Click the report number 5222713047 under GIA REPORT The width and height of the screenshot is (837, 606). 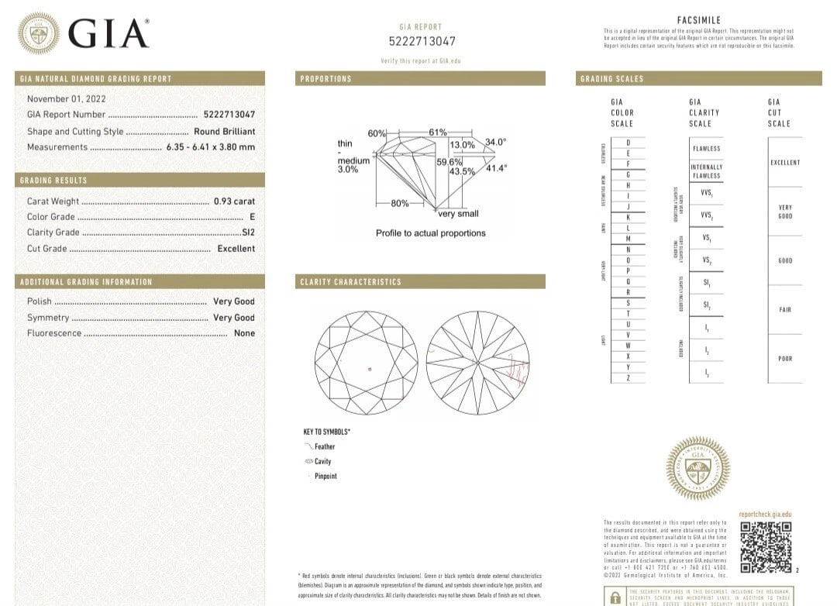pyautogui.click(x=422, y=41)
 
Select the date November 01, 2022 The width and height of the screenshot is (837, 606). pyautogui.click(x=67, y=98)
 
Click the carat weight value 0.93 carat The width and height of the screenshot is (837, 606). pyautogui.click(x=234, y=201)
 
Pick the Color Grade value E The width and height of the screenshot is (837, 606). pyautogui.click(x=252, y=217)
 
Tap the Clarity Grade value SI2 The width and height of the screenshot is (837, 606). pyautogui.click(x=248, y=232)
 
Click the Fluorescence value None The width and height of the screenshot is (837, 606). pyautogui.click(x=244, y=333)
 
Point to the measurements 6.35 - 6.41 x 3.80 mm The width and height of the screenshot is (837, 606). pyautogui.click(x=210, y=147)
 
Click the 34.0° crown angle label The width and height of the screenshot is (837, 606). pyautogui.click(x=495, y=142)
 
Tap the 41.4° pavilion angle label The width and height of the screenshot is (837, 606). pyautogui.click(x=495, y=168)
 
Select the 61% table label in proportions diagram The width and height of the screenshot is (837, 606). pyautogui.click(x=438, y=133)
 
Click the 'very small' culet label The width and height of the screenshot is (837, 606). pyautogui.click(x=458, y=214)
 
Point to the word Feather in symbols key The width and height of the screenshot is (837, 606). pyautogui.click(x=325, y=446)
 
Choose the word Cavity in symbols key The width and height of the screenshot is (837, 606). pyautogui.click(x=322, y=461)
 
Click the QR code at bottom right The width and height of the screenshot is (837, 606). pyautogui.click(x=766, y=547)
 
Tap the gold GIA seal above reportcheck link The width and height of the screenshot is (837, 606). pyautogui.click(x=697, y=467)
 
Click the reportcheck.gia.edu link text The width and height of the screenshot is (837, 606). pyautogui.click(x=765, y=514)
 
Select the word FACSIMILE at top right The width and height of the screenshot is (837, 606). pyautogui.click(x=698, y=20)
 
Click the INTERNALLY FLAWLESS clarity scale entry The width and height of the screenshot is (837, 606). pyautogui.click(x=706, y=171)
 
